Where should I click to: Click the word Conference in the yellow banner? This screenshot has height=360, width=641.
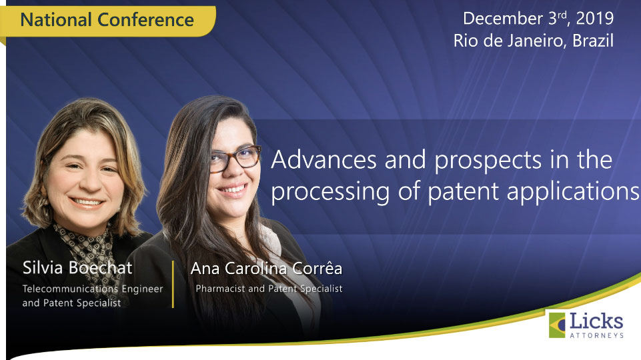click(145, 19)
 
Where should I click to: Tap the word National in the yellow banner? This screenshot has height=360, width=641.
click(56, 19)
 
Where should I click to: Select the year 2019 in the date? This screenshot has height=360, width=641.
click(595, 19)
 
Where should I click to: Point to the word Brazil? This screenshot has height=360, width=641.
click(593, 41)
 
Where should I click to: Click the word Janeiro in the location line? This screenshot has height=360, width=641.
click(537, 41)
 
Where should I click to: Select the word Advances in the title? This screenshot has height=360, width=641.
click(324, 159)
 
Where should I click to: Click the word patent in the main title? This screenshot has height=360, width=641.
click(463, 191)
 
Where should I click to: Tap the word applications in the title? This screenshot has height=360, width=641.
click(573, 191)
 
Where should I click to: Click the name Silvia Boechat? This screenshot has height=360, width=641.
click(77, 268)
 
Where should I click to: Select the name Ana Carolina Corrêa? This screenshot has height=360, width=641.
click(266, 269)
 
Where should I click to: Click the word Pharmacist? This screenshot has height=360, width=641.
click(220, 289)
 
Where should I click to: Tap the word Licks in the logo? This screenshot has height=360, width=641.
click(596, 321)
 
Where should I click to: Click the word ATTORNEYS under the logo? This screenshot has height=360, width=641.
click(596, 335)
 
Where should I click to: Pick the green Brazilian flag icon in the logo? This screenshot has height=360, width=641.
click(557, 325)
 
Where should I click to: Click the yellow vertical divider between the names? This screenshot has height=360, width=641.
click(173, 284)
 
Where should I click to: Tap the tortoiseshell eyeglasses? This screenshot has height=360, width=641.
click(235, 159)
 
